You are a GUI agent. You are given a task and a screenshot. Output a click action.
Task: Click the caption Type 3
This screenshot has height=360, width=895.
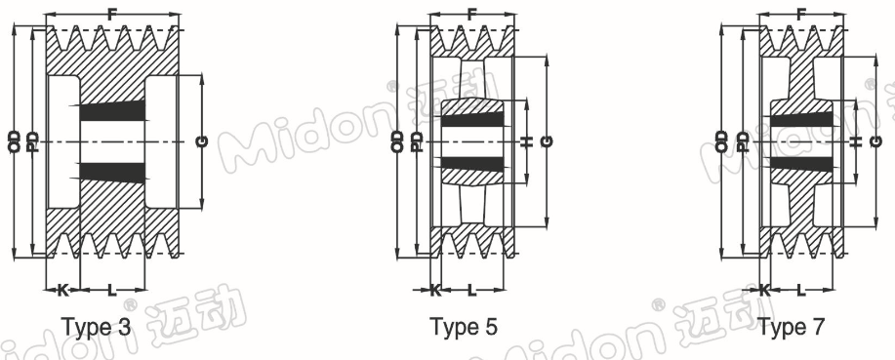pyautogui.click(x=96, y=327)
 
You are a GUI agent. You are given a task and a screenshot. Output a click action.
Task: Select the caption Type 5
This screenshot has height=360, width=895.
pyautogui.click(x=464, y=327)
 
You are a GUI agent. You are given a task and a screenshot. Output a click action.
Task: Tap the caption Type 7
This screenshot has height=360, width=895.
pyautogui.click(x=792, y=327)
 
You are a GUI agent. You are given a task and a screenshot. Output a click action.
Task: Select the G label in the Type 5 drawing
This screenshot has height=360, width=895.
pyautogui.click(x=547, y=141)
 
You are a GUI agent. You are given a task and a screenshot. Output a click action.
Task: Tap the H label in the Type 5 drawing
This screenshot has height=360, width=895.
pyautogui.click(x=526, y=141)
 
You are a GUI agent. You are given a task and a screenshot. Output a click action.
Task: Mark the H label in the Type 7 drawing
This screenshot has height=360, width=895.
pyautogui.click(x=855, y=141)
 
